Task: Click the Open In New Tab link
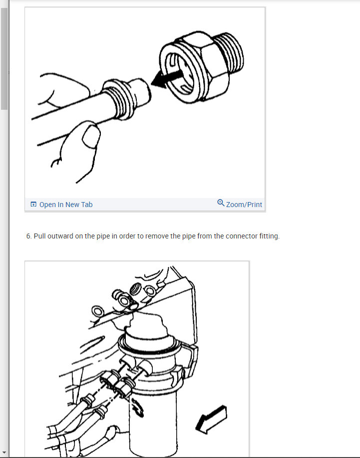point(65,205)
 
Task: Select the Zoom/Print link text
point(244,205)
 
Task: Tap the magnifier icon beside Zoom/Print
point(221,203)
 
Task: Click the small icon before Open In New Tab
point(33,205)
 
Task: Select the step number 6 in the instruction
point(28,236)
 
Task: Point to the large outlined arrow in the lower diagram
point(211,418)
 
